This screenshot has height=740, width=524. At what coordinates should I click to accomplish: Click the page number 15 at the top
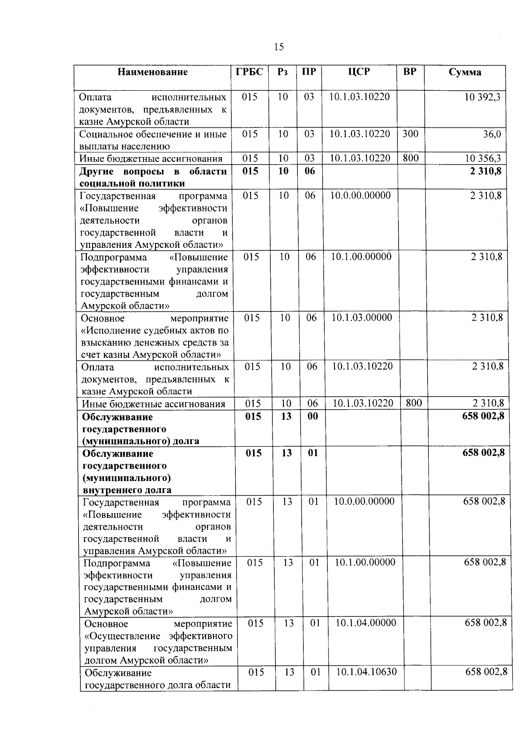pos(279,47)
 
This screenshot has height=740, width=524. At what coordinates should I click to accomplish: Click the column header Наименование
pos(152,72)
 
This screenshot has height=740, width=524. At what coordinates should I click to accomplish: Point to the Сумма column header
pos(465,72)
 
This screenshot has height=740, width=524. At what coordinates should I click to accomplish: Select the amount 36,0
pos(492,134)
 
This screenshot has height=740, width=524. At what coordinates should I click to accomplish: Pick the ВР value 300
pos(410,134)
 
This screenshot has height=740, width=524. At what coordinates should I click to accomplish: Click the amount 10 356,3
pos(483,158)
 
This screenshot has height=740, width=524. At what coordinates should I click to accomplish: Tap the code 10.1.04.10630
pos(366,671)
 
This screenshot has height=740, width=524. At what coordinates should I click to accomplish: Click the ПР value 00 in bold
pos(313,416)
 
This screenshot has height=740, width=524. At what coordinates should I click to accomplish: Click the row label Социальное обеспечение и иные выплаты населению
pos(153,140)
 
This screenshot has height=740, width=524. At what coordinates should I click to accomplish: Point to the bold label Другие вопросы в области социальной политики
pos(153,177)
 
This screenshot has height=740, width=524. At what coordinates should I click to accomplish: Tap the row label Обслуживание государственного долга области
pos(158,678)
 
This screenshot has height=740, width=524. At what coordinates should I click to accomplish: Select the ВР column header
pos(410,72)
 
